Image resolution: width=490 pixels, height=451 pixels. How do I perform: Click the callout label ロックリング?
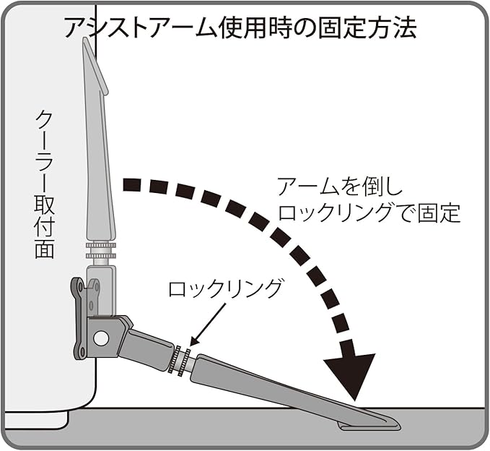point(224,290)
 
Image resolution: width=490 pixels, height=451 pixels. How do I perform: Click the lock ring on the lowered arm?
point(180,359)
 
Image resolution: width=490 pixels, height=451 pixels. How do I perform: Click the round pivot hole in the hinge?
point(100,338)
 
